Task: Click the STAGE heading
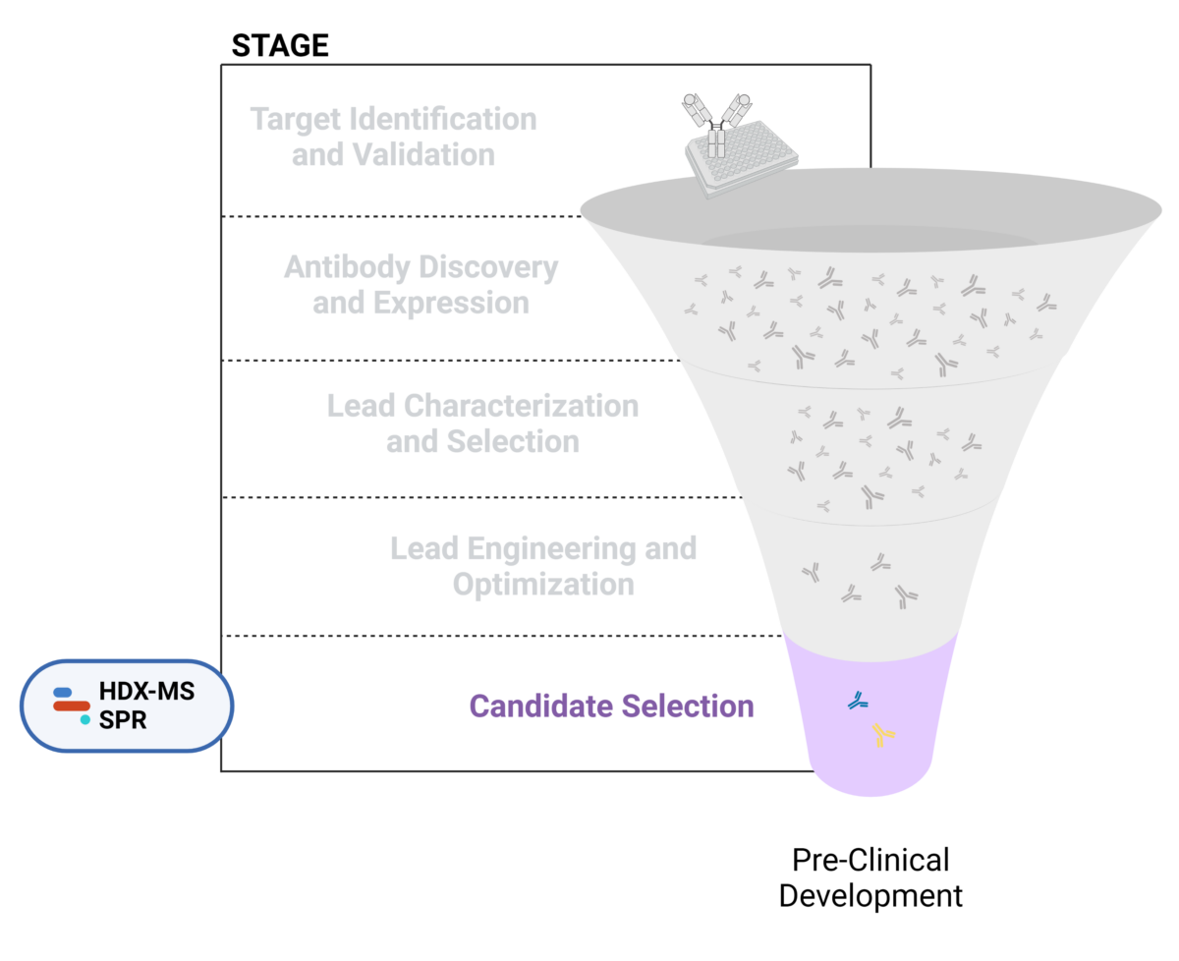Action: [x=279, y=44]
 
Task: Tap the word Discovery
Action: [x=488, y=267]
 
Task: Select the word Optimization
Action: [x=542, y=584]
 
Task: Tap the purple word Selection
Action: [x=689, y=706]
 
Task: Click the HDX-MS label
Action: [x=146, y=692]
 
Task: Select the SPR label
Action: [x=123, y=720]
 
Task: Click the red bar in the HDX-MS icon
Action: [x=72, y=706]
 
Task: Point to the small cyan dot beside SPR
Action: [x=85, y=720]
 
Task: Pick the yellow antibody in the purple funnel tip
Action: [x=882, y=734]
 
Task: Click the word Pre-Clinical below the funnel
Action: [x=870, y=860]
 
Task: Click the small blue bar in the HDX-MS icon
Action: [x=62, y=692]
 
